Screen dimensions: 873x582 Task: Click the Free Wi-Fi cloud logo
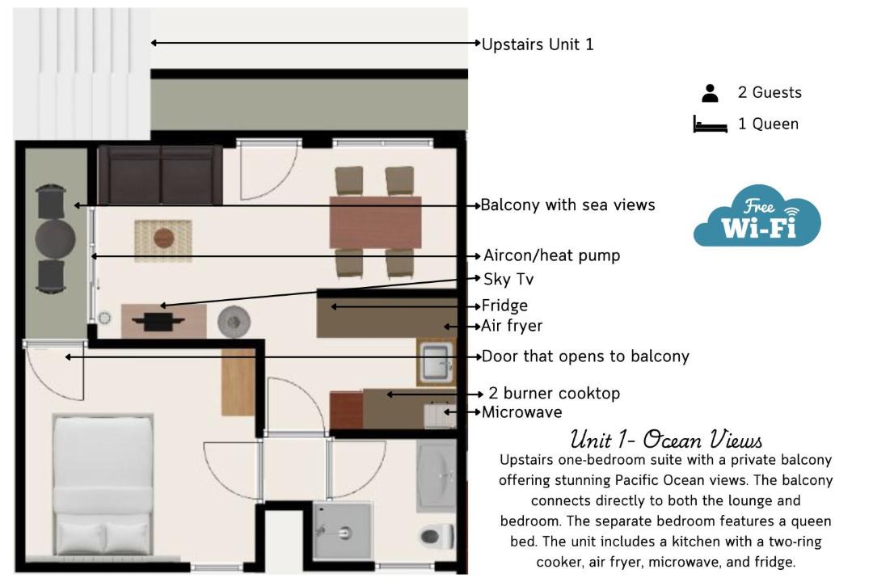pos(757,216)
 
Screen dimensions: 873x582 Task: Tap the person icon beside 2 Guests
pos(710,93)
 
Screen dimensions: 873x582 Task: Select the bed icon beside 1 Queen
pos(710,124)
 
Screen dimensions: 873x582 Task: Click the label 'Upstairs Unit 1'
pos(538,44)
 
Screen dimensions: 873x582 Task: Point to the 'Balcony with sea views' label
pos(567,205)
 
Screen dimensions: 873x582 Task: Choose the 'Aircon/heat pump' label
pos(551,255)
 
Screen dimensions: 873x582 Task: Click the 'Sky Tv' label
pos(508,279)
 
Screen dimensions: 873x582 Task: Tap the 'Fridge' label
pos(504,306)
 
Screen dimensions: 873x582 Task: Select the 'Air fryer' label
pos(512,326)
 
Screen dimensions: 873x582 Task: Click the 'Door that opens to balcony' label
pos(585,356)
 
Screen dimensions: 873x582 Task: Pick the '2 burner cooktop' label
pos(554,393)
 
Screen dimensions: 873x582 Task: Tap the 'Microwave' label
pos(521,412)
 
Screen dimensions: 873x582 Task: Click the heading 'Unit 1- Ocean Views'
pos(666,440)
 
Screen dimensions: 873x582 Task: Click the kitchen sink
pos(436,363)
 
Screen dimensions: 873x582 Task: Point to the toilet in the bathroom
pos(437,537)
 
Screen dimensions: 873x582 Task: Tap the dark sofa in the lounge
pos(160,175)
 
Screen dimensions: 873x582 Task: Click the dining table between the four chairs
pos(375,222)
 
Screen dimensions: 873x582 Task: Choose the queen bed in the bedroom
pos(103,484)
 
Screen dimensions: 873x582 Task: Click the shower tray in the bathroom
pos(342,531)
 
